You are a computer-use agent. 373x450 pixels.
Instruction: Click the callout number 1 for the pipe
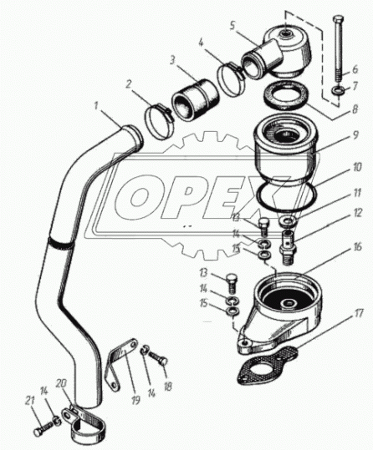click(97, 108)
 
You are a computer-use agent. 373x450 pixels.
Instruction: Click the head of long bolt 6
click(337, 20)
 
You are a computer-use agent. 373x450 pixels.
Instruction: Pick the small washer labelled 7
click(336, 91)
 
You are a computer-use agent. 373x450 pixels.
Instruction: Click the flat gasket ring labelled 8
click(286, 95)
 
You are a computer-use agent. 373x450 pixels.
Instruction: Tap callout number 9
click(355, 135)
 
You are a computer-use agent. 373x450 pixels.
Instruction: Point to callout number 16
click(357, 247)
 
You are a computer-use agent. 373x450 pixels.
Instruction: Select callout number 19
click(136, 399)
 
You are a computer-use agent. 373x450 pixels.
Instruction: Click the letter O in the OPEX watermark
click(140, 198)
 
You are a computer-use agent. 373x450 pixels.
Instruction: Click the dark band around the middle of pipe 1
click(61, 245)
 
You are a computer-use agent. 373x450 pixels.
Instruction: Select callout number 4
click(202, 43)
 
